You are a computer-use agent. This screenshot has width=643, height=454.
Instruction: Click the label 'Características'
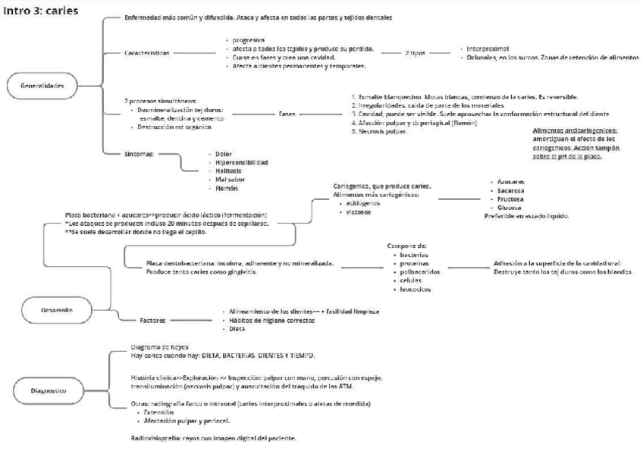(148, 53)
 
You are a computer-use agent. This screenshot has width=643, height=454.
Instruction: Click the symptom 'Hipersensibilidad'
(242, 162)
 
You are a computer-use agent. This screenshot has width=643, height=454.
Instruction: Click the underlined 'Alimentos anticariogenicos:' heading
(575, 131)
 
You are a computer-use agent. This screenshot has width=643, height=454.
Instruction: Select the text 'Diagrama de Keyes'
(160, 347)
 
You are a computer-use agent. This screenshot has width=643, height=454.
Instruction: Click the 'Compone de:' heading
(407, 246)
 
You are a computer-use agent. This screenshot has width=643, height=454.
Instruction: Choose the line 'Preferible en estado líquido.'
(527, 216)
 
